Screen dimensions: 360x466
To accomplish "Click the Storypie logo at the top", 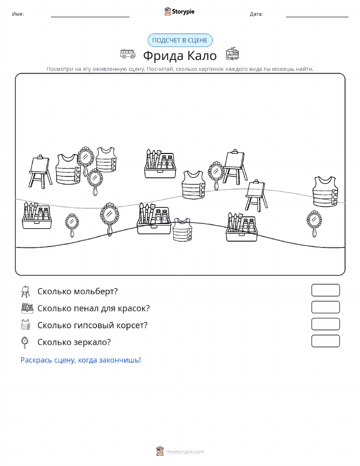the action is [x=179, y=12].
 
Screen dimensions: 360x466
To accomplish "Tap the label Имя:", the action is [x=18, y=14].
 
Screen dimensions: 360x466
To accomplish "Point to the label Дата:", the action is [x=256, y=14].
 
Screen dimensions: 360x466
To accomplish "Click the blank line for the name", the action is [x=90, y=17].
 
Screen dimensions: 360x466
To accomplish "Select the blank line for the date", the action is [x=317, y=17].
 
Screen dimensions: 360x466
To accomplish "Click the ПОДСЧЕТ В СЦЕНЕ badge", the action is [x=180, y=41].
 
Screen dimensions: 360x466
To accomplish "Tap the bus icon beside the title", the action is [x=128, y=54].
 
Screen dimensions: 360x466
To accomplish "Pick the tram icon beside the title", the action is [x=232, y=54].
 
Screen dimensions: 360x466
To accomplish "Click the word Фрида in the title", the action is [x=163, y=55].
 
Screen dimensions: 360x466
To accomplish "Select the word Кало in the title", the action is [x=202, y=55].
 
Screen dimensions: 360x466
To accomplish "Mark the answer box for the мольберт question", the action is [x=325, y=290].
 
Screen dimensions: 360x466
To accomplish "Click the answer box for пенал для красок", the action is [x=325, y=307].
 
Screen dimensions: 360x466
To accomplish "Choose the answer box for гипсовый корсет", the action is [x=325, y=324].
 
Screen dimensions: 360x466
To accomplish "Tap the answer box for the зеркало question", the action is [x=325, y=341].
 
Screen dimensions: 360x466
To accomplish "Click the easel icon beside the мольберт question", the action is [x=25, y=292].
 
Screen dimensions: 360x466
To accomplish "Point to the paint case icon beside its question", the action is [x=27, y=308].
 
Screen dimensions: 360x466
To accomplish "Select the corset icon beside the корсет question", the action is [x=26, y=325].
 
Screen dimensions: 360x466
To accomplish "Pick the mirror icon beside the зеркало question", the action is [x=25, y=342].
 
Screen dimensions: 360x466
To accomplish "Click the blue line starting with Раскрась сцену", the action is [x=81, y=360].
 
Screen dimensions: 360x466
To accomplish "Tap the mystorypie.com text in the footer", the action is [x=185, y=452].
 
